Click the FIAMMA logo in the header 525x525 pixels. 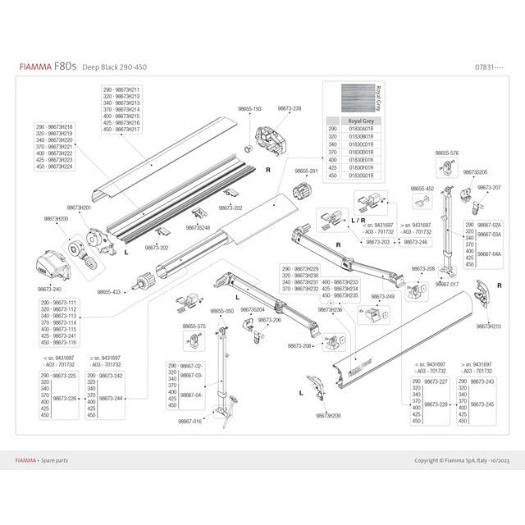click(x=33, y=67)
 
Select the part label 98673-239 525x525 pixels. click(x=289, y=108)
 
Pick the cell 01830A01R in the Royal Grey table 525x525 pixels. click(x=362, y=129)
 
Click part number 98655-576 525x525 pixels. click(x=446, y=153)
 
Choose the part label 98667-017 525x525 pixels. click(x=447, y=284)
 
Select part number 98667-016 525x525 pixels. click(x=190, y=421)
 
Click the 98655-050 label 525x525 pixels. click(x=221, y=312)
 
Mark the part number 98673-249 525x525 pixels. click(x=383, y=296)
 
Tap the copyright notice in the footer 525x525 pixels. click(x=462, y=461)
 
